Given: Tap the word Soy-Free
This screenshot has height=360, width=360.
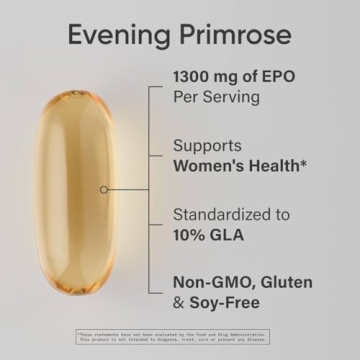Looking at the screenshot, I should [231, 302].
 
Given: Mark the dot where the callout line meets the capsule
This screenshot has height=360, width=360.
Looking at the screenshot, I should [103, 188].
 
